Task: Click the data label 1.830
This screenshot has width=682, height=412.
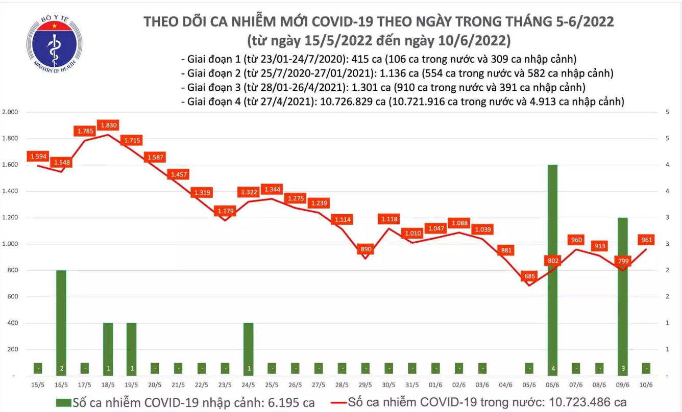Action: point(107,124)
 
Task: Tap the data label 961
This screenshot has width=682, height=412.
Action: point(646,239)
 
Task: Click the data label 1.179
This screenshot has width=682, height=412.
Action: point(225,210)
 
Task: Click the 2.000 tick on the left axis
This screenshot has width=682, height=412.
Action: point(10,112)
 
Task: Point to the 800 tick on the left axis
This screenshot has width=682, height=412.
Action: point(12,270)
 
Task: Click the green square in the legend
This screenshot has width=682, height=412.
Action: point(63,402)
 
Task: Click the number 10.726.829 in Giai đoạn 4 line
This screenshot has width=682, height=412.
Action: point(349,101)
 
